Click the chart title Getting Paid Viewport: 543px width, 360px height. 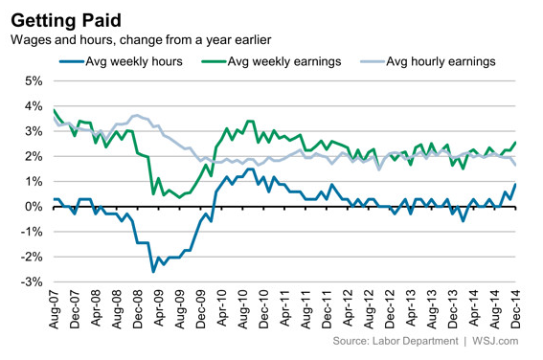pos(66,20)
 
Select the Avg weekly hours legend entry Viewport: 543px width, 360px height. pos(121,61)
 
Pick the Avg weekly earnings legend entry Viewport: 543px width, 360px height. pos(271,61)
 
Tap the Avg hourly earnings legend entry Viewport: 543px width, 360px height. pos(428,61)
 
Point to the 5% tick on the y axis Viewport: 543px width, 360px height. pos(34,81)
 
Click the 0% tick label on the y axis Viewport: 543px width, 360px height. pos(34,207)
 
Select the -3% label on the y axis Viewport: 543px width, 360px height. pos(32,282)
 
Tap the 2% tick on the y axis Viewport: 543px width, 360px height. pos(34,156)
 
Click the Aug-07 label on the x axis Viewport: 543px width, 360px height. pos(54,309)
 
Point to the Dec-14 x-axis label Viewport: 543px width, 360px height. pos(515,309)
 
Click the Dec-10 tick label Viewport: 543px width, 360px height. pos(264,309)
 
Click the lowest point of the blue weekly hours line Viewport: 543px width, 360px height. pos(153,272)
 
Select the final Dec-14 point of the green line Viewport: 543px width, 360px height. pos(515,142)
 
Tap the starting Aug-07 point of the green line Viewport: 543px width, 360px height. pos(54,110)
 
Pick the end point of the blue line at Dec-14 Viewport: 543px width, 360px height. pos(515,184)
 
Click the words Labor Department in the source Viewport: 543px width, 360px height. pos(416,341)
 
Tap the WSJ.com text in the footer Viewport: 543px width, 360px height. pos(495,341)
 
